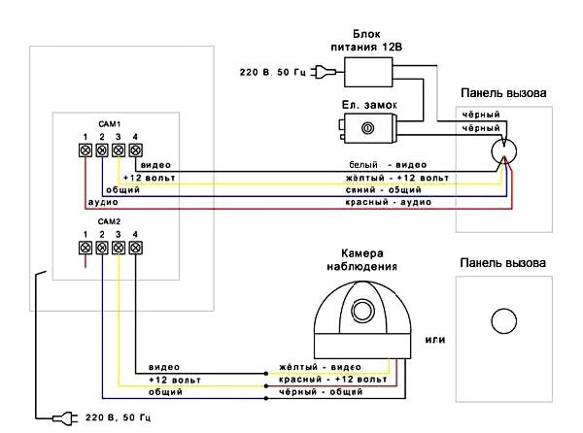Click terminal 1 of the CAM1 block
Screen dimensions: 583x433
86,150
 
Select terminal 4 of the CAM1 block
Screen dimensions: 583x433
135,150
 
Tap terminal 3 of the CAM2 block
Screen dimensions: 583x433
119,248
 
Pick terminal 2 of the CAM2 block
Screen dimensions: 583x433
102,248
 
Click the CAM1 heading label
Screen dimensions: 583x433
109,123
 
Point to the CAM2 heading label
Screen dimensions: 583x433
109,221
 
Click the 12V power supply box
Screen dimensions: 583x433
368,72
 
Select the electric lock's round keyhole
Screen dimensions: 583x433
367,128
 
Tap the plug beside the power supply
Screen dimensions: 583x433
323,72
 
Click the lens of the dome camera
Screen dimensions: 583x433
362,311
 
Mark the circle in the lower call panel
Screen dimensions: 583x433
503,320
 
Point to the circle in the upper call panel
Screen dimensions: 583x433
503,151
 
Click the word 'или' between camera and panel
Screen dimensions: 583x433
435,340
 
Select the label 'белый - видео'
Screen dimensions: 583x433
388,164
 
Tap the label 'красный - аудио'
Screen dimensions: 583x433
389,202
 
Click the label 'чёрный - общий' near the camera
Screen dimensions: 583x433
321,392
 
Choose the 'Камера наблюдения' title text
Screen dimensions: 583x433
362,260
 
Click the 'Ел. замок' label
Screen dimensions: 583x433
369,105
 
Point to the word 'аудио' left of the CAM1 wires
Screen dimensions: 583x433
103,202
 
